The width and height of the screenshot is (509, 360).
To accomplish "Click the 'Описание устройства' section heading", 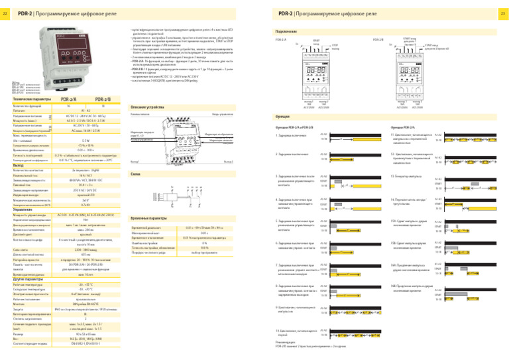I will click(x=143, y=107).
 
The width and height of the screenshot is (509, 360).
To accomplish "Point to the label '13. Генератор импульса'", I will click(x=406, y=176).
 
